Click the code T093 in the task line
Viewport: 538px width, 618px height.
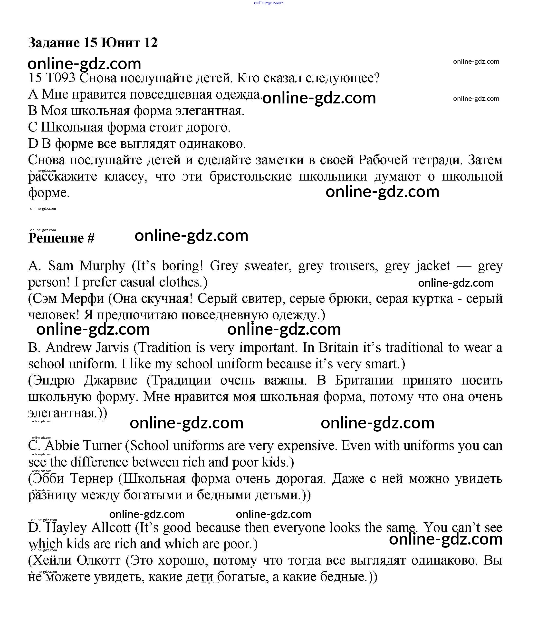(60, 78)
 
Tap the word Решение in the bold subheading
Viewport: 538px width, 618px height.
(56, 238)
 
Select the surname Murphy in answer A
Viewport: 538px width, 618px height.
(102, 266)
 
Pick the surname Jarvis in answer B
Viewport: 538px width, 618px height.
(112, 348)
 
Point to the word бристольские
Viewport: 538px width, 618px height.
(250, 176)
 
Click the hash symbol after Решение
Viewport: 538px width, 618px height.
(91, 238)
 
